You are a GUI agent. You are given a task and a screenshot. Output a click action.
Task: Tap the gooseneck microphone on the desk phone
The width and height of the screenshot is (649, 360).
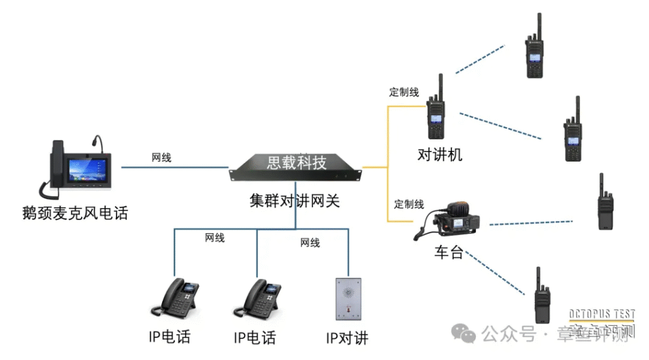96,141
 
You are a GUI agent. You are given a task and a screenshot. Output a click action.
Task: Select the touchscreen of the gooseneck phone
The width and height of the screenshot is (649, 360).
87,169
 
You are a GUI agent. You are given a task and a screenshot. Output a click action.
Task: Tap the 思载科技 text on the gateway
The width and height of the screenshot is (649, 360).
296,163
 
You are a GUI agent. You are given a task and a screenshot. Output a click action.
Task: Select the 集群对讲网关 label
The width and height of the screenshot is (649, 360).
295,202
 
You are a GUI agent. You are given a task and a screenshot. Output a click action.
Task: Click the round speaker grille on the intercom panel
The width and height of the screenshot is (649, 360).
348,293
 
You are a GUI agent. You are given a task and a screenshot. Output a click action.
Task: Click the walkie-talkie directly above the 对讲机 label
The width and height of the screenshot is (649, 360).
436,111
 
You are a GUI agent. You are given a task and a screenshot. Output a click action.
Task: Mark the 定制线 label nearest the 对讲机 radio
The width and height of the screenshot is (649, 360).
404,93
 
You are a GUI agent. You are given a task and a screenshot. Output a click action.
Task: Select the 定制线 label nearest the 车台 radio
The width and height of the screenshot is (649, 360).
409,204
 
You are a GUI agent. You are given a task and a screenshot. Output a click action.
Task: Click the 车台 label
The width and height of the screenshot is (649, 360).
448,253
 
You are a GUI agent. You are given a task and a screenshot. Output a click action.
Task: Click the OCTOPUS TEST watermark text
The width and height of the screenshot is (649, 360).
602,315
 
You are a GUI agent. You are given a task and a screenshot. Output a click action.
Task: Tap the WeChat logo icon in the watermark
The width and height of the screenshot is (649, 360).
466,333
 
